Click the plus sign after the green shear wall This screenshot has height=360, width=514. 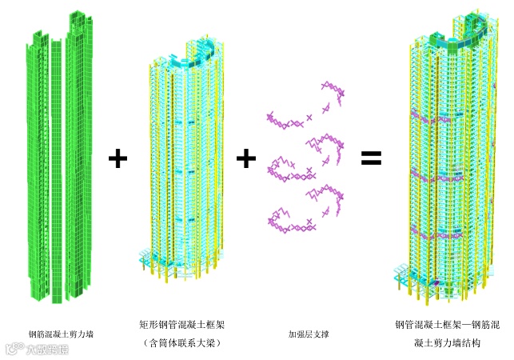[118, 158]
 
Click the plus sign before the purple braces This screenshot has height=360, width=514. [246, 158]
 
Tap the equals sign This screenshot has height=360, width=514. [371, 158]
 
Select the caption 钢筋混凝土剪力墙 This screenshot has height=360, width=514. [62, 334]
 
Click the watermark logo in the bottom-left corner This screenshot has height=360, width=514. [37, 349]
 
